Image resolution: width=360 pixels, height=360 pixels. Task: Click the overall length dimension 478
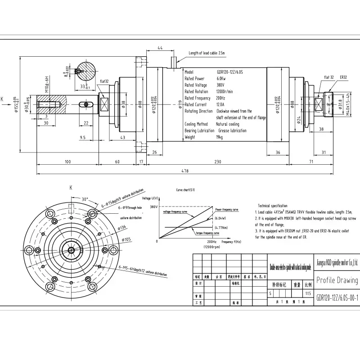point(185,171)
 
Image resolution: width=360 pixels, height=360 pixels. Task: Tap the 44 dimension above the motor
point(160,48)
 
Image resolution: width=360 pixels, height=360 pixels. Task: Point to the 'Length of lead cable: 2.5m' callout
point(207,53)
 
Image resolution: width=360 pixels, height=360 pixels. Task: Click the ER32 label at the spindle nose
point(344,77)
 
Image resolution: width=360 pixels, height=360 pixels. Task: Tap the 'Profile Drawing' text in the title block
point(337,280)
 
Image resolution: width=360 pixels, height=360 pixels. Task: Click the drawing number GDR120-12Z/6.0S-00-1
point(337,297)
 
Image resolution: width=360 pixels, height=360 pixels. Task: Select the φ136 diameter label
point(123,228)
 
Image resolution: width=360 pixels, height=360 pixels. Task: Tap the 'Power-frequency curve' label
point(227,210)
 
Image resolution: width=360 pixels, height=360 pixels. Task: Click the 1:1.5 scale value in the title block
point(308,293)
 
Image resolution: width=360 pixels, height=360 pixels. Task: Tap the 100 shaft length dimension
point(68,162)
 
